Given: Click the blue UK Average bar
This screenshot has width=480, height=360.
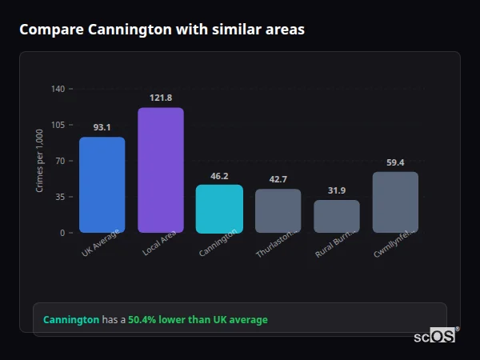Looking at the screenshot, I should tap(102, 185).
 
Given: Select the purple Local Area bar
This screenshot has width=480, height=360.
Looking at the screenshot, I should tap(161, 170).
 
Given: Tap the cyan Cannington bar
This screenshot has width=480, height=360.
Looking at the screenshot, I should tap(219, 209).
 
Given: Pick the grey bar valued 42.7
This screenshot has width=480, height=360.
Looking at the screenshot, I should tap(278, 211).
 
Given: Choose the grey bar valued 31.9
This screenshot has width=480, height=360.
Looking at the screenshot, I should tap(337, 217).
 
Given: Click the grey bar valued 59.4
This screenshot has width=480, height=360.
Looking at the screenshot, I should tap(395, 202).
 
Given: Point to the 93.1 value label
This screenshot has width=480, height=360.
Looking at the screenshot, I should tap(102, 127).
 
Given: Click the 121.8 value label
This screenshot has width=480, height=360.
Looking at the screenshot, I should tap(161, 98).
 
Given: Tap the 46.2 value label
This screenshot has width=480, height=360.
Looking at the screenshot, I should tap(219, 176).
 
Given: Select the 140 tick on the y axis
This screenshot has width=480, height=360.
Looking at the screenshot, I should tap(58, 89).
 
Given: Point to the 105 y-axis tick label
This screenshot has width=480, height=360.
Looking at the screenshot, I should tap(58, 125).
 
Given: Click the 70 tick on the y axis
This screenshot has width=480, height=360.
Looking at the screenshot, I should tap(59, 161).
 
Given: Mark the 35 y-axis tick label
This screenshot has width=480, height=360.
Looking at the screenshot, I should tap(59, 197).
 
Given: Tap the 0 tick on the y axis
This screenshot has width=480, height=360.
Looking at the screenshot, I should tap(62, 233).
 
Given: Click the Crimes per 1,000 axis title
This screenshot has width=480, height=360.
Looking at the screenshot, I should tap(40, 161).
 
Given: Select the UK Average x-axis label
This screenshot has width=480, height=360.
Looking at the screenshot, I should tap(100, 242).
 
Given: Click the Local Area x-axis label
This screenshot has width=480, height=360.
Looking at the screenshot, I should tap(160, 242).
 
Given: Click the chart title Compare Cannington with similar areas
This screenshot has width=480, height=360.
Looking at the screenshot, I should tap(162, 30).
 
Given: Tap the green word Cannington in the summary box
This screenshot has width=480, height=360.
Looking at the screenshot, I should tap(71, 320).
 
